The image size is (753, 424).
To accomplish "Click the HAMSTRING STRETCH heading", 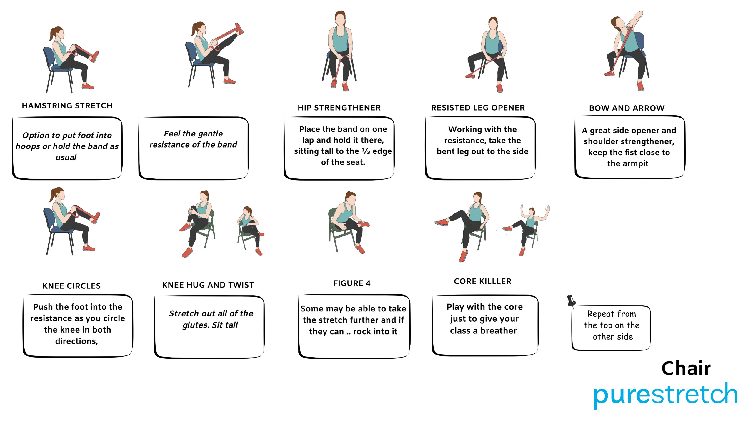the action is pos(67,106).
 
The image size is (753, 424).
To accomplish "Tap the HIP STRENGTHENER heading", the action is pos(339,108).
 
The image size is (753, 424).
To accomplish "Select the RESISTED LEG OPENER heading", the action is pos(478,108).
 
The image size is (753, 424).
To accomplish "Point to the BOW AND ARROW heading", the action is pos(627,108).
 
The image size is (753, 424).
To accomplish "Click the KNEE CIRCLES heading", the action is pos(71,286).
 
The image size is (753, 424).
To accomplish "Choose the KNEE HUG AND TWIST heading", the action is pos(208,285).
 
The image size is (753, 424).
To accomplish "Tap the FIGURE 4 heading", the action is pos(352,283).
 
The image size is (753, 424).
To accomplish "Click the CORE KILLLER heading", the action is pos(483,281).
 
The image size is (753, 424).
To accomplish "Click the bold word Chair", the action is pos(686,368).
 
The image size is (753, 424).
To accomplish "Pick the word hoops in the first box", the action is pos(28,146).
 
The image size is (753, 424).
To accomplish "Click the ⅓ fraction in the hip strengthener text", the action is pos(366,151).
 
